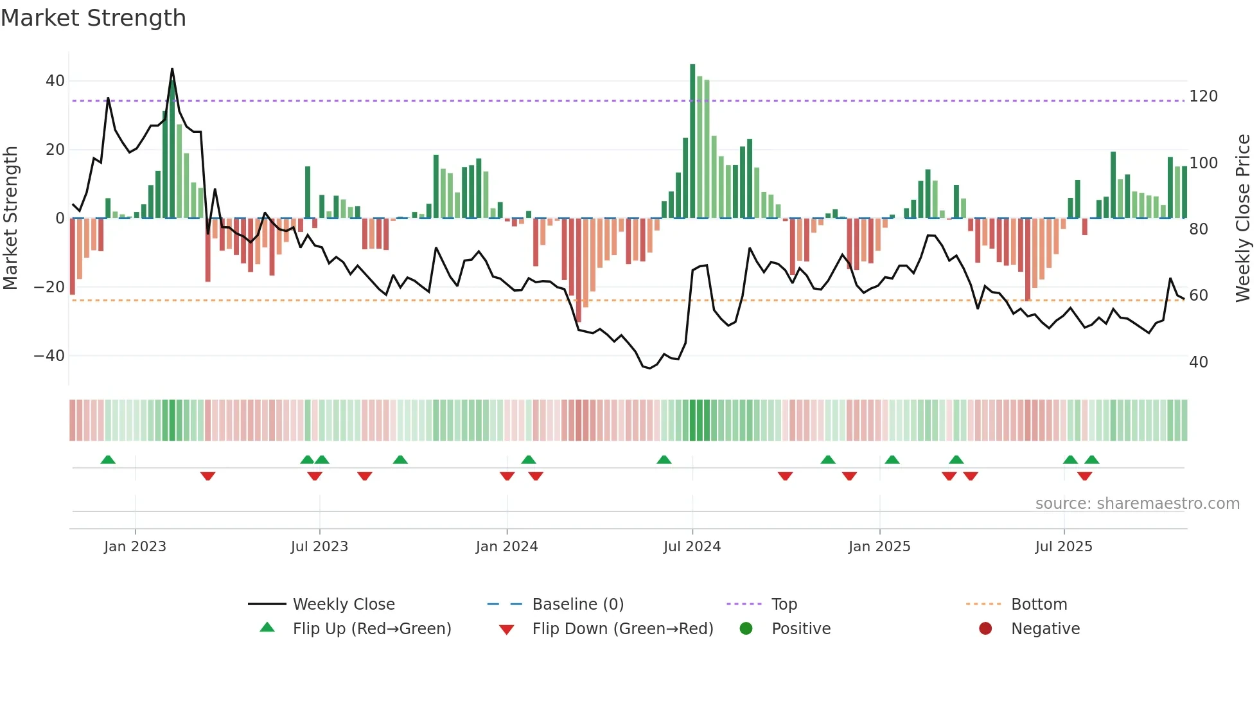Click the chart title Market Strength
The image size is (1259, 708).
[93, 18]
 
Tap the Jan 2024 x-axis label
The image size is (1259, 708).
[506, 547]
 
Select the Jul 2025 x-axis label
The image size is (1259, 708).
[1063, 547]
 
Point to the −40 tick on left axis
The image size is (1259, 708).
[49, 356]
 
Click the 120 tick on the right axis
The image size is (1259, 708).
[1203, 96]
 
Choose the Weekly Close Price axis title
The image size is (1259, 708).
[1242, 218]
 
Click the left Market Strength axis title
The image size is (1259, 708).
[11, 218]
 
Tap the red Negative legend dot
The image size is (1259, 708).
[985, 628]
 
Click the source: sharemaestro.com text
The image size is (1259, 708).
[1137, 504]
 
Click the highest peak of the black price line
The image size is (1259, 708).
[172, 69]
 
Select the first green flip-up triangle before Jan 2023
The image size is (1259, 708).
[108, 460]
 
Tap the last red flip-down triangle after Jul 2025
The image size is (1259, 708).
[1084, 476]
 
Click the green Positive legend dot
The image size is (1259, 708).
[746, 628]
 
